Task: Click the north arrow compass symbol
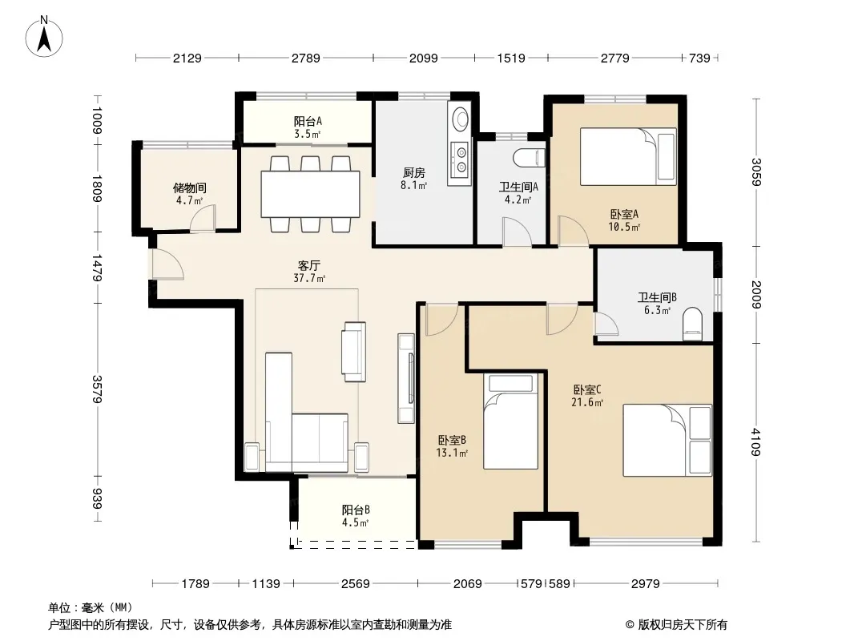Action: (x=44, y=37)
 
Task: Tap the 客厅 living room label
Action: (x=308, y=266)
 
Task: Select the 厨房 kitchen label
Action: (x=414, y=172)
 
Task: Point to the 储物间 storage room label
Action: (x=190, y=187)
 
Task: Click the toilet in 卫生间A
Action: (x=530, y=158)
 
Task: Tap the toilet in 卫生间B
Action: (x=693, y=324)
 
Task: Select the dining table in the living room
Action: (x=311, y=195)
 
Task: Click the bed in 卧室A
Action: (x=628, y=156)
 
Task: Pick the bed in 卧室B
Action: (x=510, y=421)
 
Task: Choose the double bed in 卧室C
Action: (x=667, y=441)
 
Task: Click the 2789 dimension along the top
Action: (x=305, y=58)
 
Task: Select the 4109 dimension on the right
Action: (x=756, y=442)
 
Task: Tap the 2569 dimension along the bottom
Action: (x=355, y=584)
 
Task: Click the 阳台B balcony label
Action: (x=356, y=510)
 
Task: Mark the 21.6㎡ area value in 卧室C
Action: (x=587, y=402)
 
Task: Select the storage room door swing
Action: (x=203, y=218)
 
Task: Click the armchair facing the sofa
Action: (x=353, y=352)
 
